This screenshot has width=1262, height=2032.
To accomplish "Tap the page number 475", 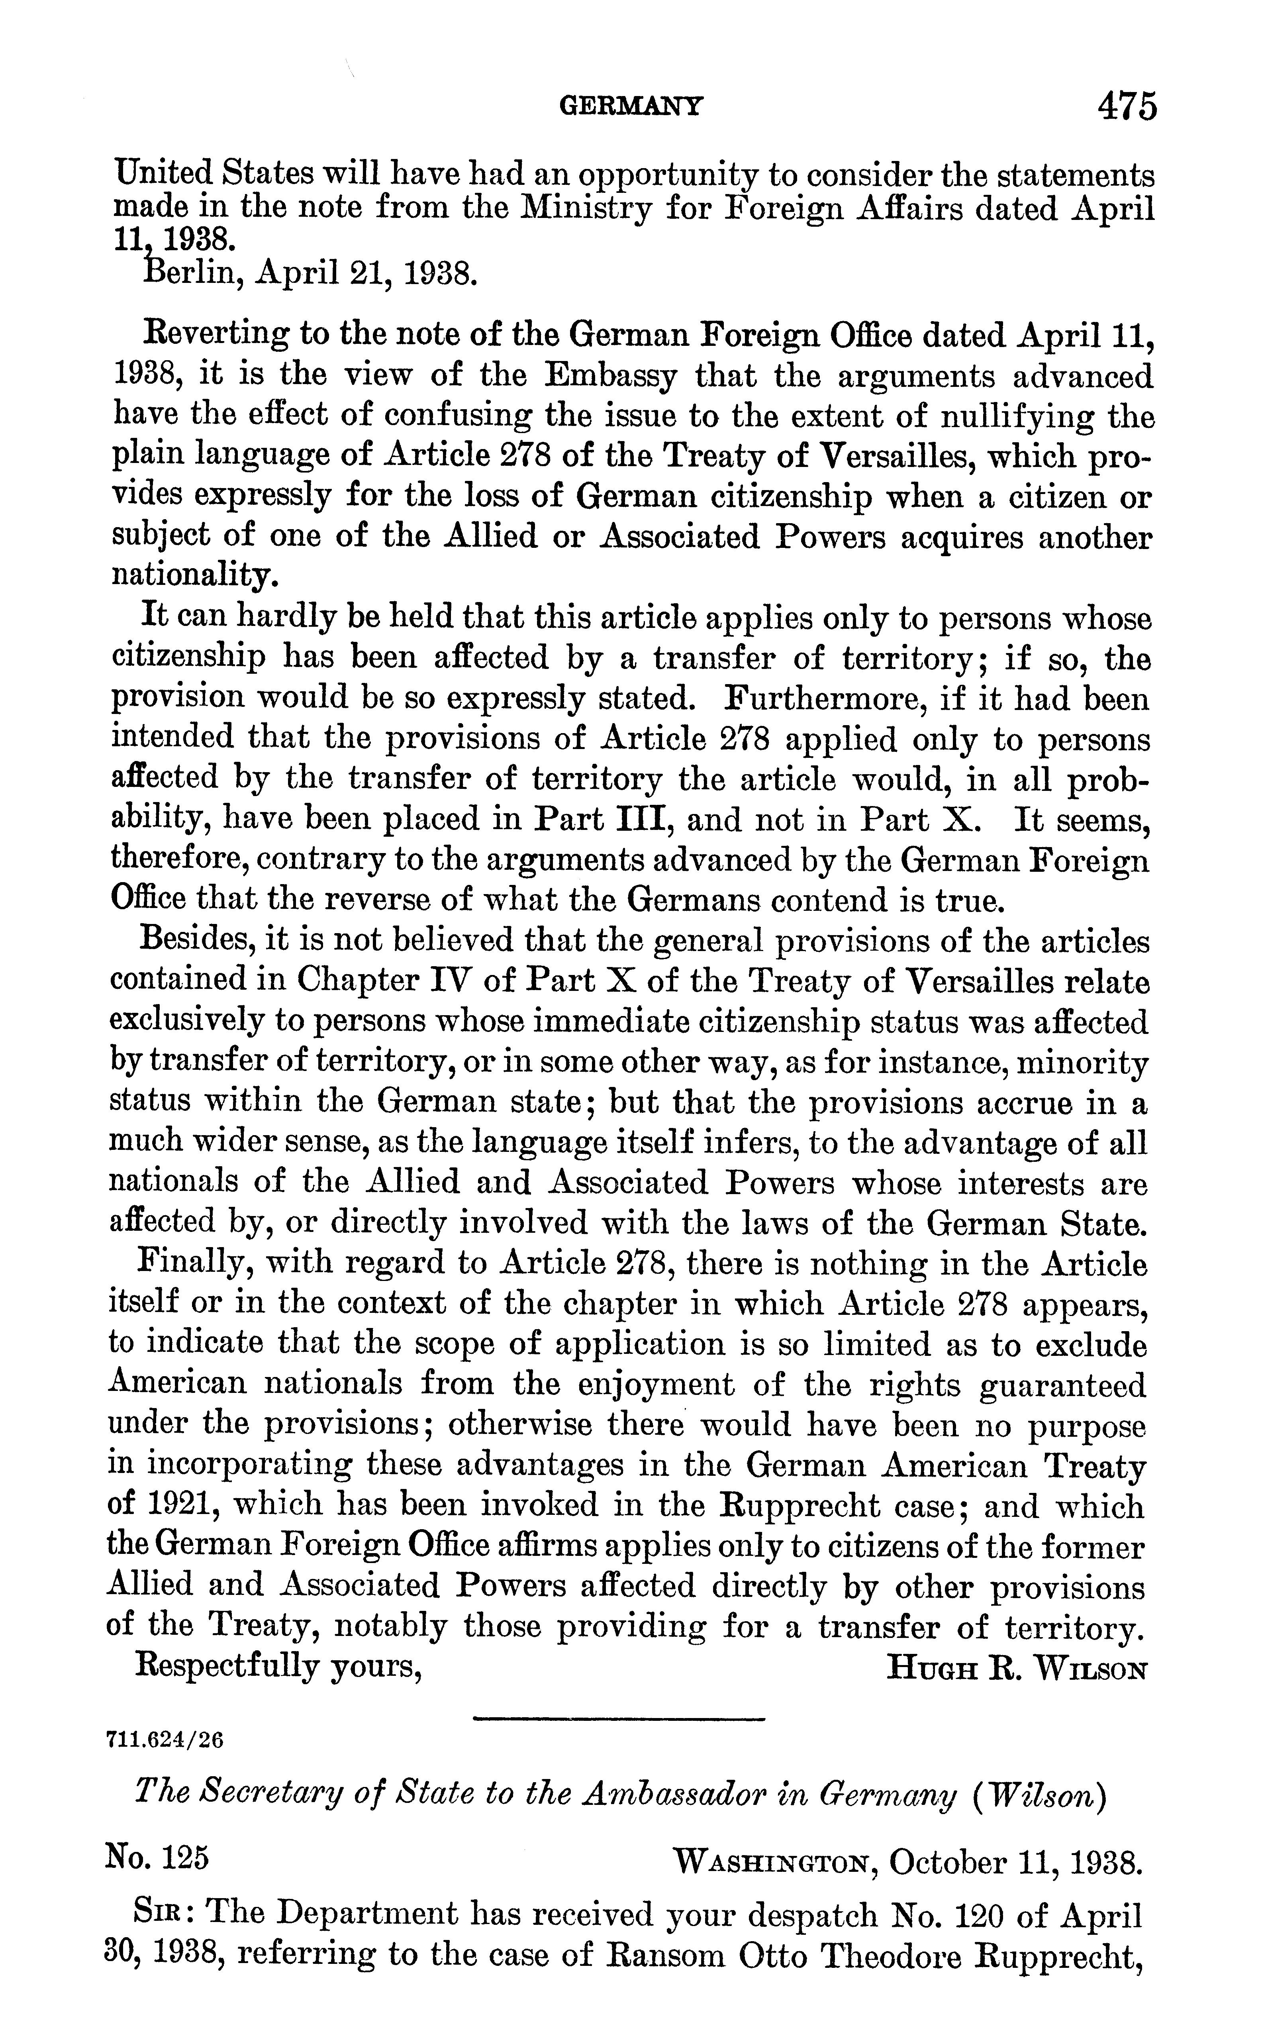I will tap(1127, 106).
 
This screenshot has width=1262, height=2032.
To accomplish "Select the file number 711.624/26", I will tap(166, 1740).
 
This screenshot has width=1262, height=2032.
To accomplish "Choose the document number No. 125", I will tap(157, 1859).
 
